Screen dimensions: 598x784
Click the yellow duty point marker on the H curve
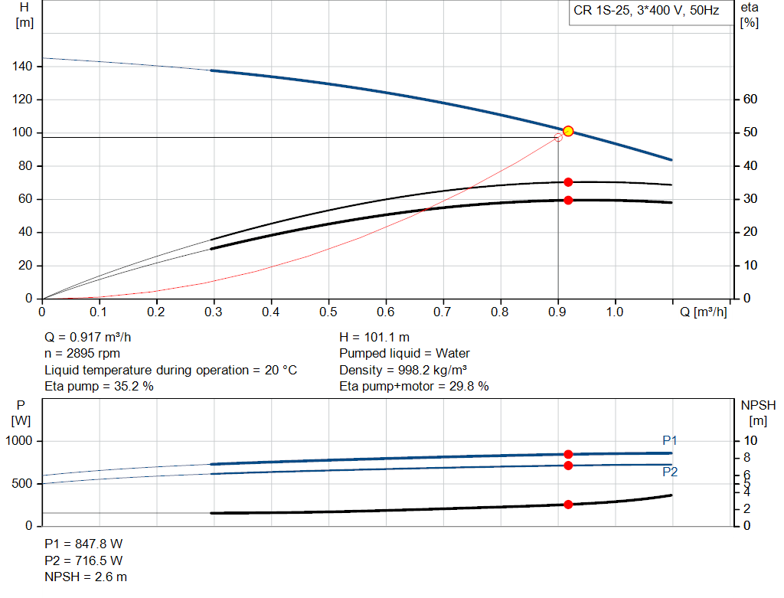(568, 132)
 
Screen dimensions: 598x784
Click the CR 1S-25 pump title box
(647, 11)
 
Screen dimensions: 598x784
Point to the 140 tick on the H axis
(21, 67)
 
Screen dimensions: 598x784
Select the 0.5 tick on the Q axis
(328, 312)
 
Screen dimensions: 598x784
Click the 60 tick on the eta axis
(750, 100)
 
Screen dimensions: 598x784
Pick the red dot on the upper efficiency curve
(568, 182)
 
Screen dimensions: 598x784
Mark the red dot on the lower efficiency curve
(568, 201)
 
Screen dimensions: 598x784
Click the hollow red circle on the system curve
(557, 138)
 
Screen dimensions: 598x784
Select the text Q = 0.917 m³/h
(93, 337)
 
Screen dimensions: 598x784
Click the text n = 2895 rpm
(82, 354)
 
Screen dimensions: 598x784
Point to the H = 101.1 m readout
(374, 337)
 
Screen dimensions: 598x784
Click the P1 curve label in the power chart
(670, 440)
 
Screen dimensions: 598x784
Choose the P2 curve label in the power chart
(670, 472)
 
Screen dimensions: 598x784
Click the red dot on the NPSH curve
(568, 505)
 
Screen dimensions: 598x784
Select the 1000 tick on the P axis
(21, 441)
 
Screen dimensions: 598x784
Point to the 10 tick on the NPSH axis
(750, 441)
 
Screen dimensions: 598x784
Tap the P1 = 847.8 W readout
(83, 544)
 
